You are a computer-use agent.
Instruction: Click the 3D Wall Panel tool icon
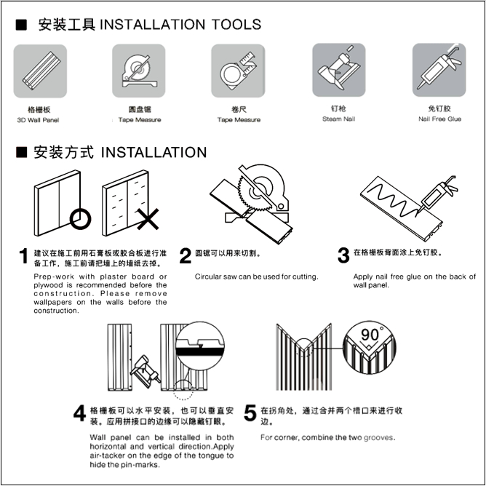40,71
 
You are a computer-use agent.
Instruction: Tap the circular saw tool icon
138,71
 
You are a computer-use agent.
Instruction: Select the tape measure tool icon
238,71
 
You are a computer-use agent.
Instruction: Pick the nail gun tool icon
339,70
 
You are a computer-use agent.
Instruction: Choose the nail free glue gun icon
439,70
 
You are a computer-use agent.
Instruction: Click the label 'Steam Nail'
339,119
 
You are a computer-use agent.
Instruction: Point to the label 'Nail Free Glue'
439,119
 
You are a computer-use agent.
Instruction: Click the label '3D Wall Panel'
38,120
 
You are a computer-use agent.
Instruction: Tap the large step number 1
23,256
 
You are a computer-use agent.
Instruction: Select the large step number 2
186,256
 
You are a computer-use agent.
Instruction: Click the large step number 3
343,255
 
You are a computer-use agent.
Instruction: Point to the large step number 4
79,413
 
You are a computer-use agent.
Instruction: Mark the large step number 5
250,413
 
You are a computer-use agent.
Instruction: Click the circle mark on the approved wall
80,219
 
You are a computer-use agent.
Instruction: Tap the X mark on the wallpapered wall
148,219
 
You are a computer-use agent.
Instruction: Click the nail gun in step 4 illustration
145,370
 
